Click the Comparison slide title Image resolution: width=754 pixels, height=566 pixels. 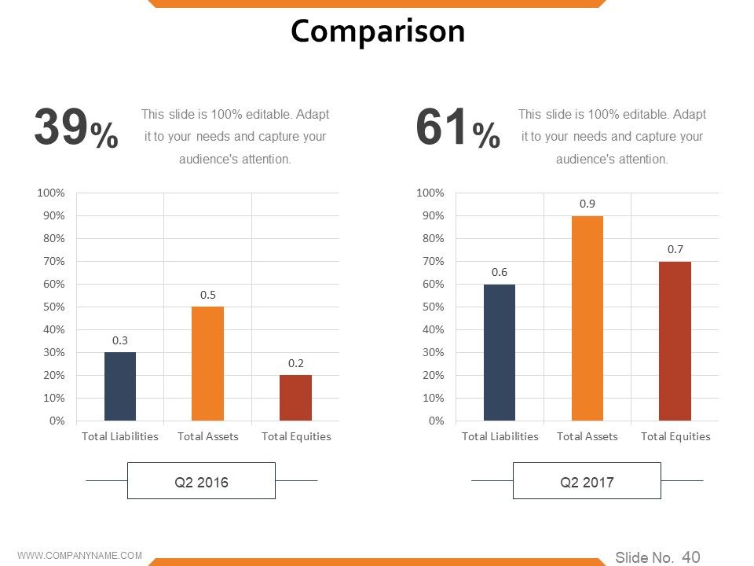[378, 31]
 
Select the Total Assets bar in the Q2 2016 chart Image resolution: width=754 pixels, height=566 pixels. [207, 363]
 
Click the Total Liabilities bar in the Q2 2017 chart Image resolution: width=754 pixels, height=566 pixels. [500, 352]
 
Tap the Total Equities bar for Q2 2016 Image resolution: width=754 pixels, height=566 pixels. [296, 398]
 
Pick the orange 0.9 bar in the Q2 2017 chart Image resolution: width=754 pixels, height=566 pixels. [587, 318]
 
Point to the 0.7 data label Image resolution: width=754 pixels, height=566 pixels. [675, 249]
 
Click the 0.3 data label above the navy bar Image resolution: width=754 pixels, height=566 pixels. [119, 340]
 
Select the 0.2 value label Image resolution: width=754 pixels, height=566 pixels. [296, 363]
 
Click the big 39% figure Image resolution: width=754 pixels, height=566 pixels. [76, 127]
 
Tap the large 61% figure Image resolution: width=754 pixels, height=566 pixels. [458, 127]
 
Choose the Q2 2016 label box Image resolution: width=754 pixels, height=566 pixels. [202, 481]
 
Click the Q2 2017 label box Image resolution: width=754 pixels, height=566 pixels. [587, 481]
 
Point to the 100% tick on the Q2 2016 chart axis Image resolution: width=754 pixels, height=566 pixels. [51, 193]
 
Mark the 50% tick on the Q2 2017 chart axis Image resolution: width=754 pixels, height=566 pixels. [434, 307]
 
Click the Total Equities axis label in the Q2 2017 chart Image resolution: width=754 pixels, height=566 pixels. [675, 436]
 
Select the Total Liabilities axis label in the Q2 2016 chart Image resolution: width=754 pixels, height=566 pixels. [119, 436]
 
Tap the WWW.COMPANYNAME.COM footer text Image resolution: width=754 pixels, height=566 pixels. [80, 556]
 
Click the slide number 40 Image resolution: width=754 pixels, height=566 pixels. [691, 557]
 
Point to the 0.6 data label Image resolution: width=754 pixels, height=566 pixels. [500, 273]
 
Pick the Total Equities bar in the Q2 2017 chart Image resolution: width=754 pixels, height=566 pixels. [675, 341]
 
